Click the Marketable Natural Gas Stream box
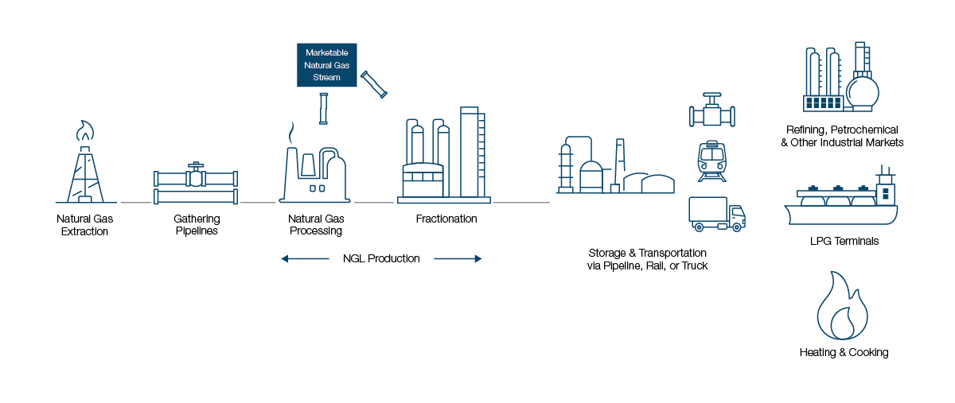[326, 64]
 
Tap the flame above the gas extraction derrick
[85, 130]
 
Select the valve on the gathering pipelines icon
[196, 175]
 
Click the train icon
[712, 161]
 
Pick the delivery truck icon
[717, 215]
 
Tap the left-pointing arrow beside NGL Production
[305, 258]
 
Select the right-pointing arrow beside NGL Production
[458, 258]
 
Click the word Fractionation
[446, 219]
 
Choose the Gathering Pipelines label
[197, 224]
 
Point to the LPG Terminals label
[844, 241]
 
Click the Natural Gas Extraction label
[85, 225]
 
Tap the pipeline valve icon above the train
[712, 110]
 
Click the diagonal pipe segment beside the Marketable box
[374, 84]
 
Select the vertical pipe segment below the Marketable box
[324, 109]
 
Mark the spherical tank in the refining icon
[863, 91]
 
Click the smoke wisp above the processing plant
[291, 133]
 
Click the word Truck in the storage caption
[695, 265]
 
